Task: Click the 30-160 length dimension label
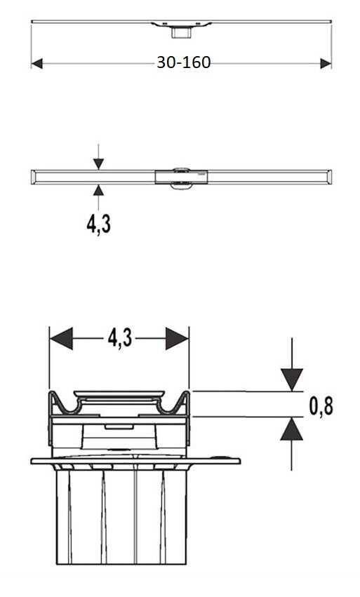click(x=184, y=62)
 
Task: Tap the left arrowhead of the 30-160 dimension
click(x=37, y=64)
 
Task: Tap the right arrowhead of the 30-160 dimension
click(x=326, y=64)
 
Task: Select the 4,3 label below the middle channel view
click(x=99, y=224)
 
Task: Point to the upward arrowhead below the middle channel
click(x=98, y=190)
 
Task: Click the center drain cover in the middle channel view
click(x=181, y=177)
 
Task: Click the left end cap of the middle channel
click(x=33, y=177)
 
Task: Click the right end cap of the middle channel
click(x=328, y=177)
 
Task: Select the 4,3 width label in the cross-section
click(x=120, y=338)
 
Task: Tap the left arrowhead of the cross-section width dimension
click(x=61, y=338)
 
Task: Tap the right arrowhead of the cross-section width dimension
click(x=177, y=338)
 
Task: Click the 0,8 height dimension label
click(x=321, y=406)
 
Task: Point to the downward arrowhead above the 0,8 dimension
click(x=292, y=380)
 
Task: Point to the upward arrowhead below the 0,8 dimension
click(x=292, y=429)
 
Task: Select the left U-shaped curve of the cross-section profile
click(x=69, y=408)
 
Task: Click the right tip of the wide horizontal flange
click(x=240, y=461)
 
